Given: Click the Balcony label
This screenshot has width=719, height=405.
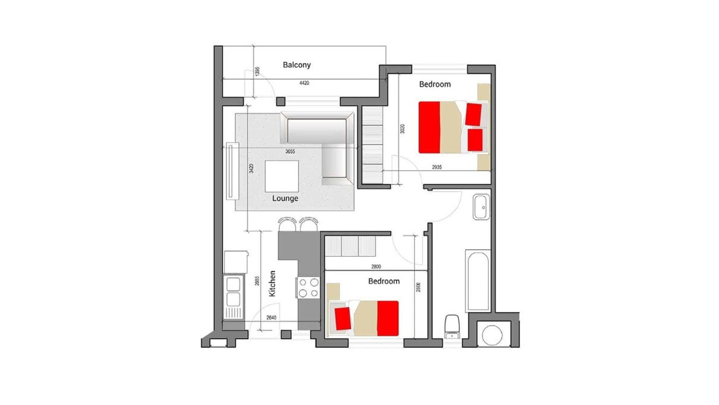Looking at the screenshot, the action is pyautogui.click(x=297, y=65).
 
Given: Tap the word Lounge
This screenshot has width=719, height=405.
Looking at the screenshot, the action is pyautogui.click(x=285, y=198).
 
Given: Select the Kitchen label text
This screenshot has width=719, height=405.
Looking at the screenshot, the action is pyautogui.click(x=272, y=283).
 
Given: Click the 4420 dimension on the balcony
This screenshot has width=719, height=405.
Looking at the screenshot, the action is pyautogui.click(x=304, y=83).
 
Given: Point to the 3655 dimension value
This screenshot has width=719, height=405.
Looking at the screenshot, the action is pyautogui.click(x=290, y=151).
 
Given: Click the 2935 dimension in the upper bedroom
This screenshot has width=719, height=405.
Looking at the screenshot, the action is pyautogui.click(x=437, y=167).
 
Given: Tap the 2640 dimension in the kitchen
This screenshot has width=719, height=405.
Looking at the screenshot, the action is pyautogui.click(x=271, y=318).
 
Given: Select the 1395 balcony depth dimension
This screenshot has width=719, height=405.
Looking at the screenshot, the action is pyautogui.click(x=257, y=72).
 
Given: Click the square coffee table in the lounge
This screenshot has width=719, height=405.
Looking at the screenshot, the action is pyautogui.click(x=282, y=176).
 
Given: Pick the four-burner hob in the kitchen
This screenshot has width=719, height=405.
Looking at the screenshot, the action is pyautogui.click(x=308, y=288).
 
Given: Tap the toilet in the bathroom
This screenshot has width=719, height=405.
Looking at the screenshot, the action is pyautogui.click(x=452, y=327).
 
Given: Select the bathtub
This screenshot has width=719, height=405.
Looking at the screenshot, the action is pyautogui.click(x=477, y=281).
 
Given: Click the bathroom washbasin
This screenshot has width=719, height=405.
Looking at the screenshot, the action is pyautogui.click(x=481, y=207).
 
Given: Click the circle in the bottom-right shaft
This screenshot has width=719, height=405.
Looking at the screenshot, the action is pyautogui.click(x=492, y=335).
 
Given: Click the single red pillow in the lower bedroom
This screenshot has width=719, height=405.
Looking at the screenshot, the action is pyautogui.click(x=342, y=318).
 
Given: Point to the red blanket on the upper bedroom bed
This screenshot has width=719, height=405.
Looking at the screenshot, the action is pyautogui.click(x=429, y=127).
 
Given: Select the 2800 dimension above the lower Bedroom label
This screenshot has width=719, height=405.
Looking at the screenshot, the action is pyautogui.click(x=376, y=267).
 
